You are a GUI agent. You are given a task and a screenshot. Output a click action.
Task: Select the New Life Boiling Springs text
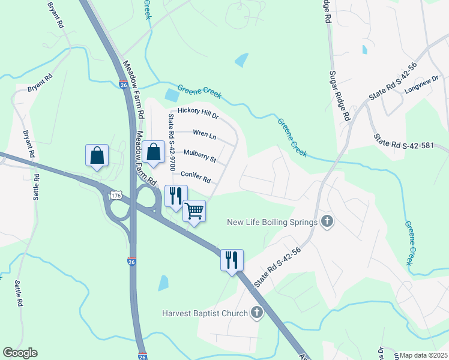272,222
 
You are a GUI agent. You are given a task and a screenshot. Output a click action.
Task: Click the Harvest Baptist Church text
205,313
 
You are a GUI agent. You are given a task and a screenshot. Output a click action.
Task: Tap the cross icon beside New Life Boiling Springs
327,222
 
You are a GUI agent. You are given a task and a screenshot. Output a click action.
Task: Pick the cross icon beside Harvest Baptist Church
257,313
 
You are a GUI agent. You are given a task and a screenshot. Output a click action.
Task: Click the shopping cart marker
194,211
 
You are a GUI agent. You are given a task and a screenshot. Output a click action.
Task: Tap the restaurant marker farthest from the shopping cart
232,260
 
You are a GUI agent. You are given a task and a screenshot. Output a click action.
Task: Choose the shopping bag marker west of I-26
97,155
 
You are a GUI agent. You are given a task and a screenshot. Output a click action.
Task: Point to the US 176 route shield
116,196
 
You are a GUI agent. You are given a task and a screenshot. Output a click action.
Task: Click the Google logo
20,353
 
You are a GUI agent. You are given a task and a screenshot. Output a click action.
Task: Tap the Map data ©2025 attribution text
423,355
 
